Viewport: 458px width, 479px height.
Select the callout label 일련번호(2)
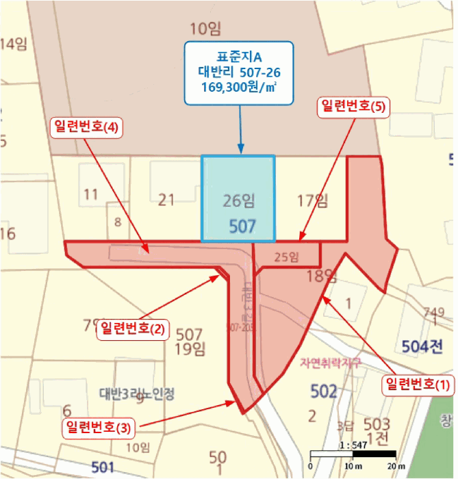(132, 328)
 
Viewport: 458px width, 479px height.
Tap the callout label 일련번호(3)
(98, 428)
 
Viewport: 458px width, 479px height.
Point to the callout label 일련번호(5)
(353, 107)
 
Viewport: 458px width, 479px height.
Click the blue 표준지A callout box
(239, 73)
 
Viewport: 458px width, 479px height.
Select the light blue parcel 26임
(238, 198)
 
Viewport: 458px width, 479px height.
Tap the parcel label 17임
(313, 200)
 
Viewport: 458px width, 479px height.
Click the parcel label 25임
(286, 257)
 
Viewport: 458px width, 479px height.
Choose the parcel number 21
(166, 200)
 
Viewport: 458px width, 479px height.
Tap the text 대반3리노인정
(137, 393)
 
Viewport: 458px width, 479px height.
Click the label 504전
(422, 346)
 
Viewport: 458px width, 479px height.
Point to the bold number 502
(323, 391)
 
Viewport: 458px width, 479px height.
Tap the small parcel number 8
(118, 221)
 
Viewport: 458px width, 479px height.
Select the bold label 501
(103, 467)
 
